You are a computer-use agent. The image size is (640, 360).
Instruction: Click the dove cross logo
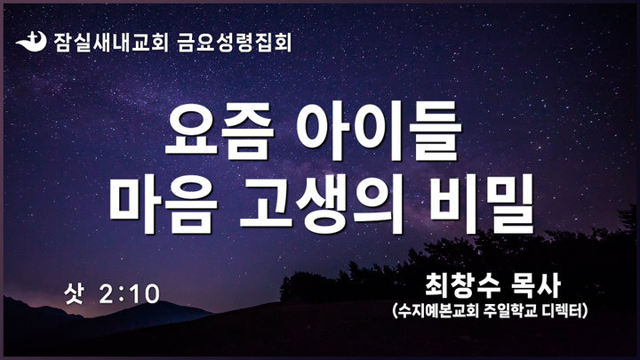[x=31, y=42]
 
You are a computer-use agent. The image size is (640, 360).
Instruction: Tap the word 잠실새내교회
[x=111, y=42]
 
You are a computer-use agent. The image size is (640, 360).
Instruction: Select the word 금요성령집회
[x=235, y=42]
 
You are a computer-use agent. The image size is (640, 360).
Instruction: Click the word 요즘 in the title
[x=220, y=131]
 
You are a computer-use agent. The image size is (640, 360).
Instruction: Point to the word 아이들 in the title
[x=379, y=131]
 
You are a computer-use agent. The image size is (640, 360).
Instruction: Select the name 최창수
[x=459, y=284]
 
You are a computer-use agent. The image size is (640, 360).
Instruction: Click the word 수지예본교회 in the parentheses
[x=438, y=311]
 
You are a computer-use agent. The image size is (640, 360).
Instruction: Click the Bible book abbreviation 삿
[x=74, y=293]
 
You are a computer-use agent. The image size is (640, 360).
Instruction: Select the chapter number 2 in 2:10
[x=106, y=294]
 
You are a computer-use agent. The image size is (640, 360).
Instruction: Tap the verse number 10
[x=145, y=294]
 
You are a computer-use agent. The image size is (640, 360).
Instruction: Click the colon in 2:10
[x=122, y=295]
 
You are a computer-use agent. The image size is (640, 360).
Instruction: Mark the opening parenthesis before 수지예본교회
[x=395, y=311]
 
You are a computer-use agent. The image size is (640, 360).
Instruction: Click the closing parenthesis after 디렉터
[x=585, y=311]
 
